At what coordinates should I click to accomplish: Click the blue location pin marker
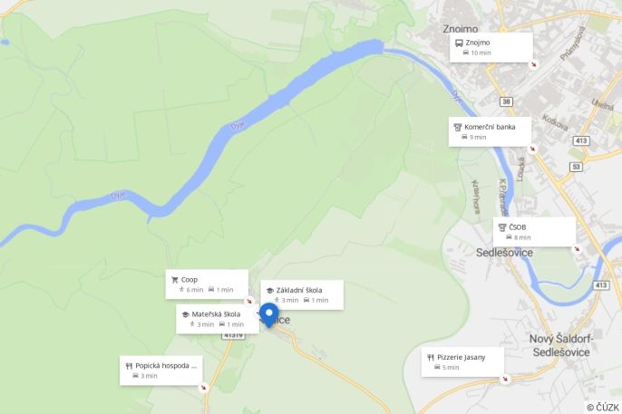268,314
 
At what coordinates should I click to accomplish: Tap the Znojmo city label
460,28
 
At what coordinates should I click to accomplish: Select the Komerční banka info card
490,131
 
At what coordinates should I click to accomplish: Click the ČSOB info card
534,231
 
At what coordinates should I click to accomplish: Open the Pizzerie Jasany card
462,361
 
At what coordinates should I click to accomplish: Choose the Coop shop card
207,284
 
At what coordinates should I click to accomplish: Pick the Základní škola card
302,294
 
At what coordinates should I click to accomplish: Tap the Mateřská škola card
218,319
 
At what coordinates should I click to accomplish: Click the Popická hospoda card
160,371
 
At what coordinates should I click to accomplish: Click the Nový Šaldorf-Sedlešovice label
560,345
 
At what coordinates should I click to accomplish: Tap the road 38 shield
506,101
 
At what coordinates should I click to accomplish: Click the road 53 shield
576,167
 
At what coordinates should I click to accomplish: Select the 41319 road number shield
234,335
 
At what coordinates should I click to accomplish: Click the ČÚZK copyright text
602,407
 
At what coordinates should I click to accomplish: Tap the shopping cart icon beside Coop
173,280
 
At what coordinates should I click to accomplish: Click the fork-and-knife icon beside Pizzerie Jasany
430,357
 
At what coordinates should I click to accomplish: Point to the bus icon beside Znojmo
458,43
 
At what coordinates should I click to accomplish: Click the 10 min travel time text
481,53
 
